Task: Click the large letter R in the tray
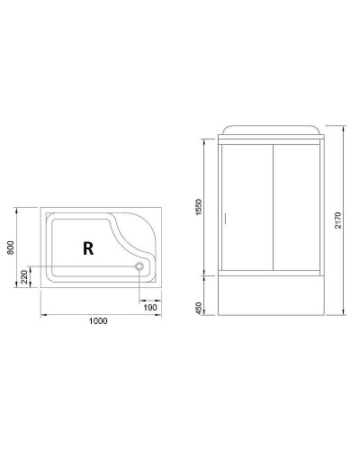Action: [88, 249]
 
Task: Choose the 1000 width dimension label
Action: [99, 322]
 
